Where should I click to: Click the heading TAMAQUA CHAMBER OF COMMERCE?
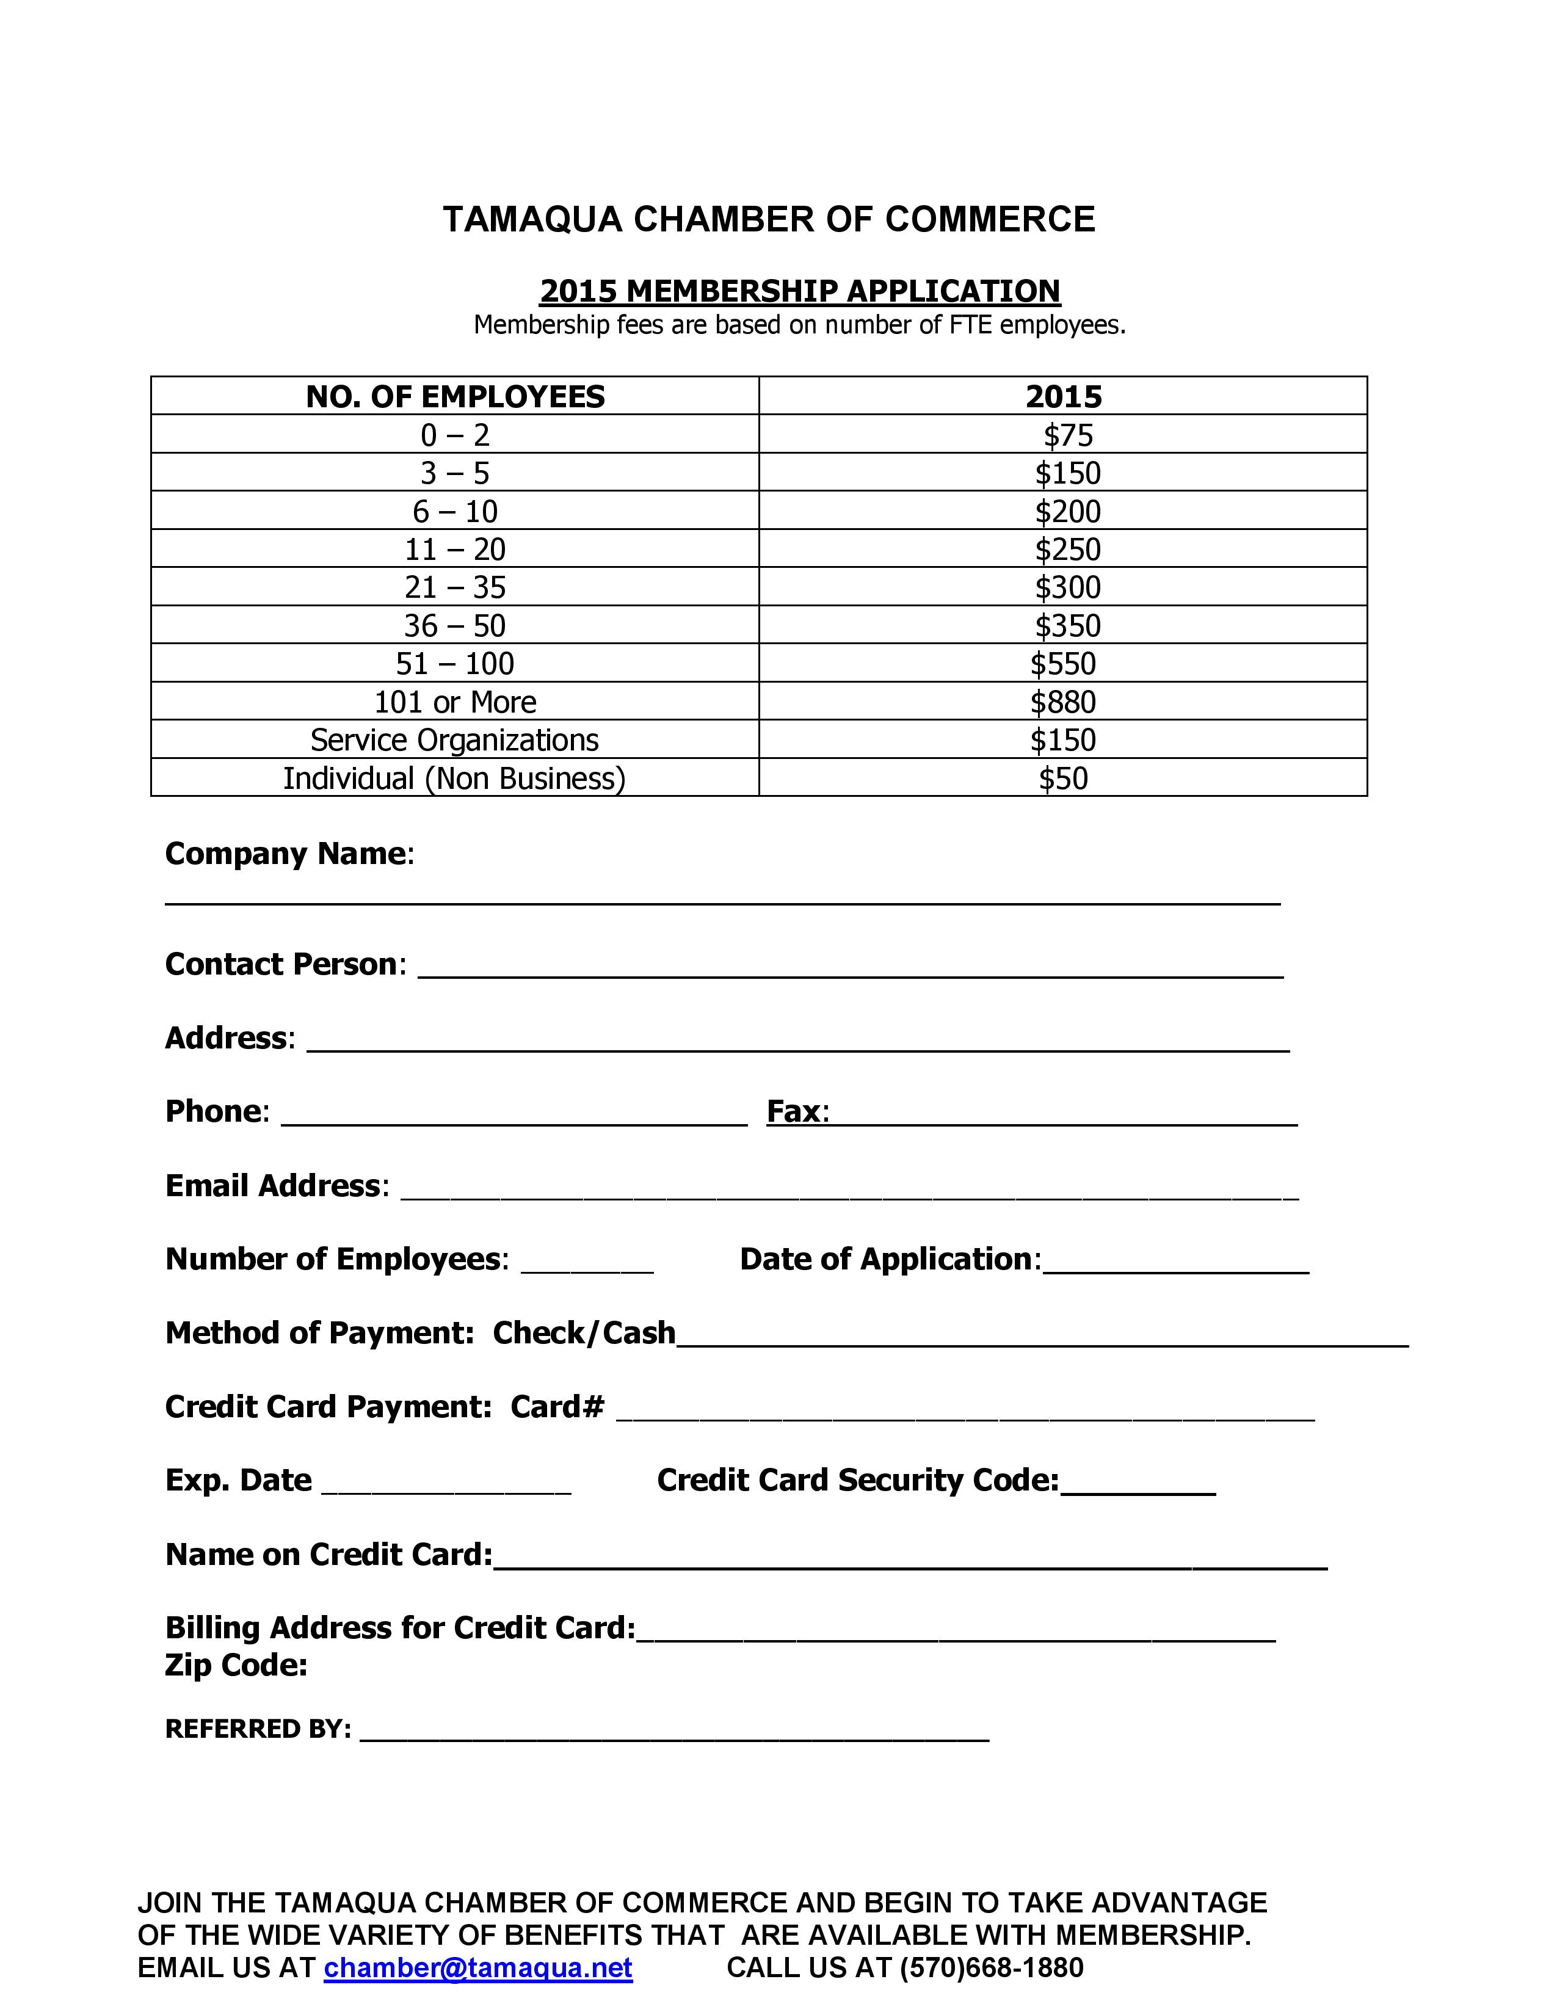pos(768,220)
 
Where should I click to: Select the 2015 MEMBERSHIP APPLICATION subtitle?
pos(800,291)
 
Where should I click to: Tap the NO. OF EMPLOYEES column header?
pos(455,397)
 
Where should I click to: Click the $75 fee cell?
pos(1067,435)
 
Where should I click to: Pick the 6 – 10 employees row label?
pos(455,511)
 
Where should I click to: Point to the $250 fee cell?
pos(1067,549)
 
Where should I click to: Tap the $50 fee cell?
pos(1062,778)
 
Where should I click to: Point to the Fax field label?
pos(797,1111)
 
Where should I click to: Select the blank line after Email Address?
pos(849,1190)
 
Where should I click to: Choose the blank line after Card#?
pos(965,1412)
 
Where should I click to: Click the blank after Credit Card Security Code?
pos(1138,1486)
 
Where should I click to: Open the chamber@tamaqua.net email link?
pos(478,1968)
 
